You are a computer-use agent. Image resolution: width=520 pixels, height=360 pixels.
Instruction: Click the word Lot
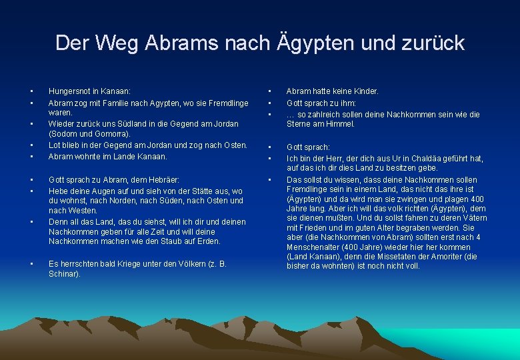[54, 145]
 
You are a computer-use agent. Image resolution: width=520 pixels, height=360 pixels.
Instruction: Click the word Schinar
[63, 274]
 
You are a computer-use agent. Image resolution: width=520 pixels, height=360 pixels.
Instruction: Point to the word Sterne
[299, 124]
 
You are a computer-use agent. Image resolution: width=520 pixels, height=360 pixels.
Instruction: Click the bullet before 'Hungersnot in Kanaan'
[31, 91]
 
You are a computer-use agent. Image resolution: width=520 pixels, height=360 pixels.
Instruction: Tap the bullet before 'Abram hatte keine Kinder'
[269, 91]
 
